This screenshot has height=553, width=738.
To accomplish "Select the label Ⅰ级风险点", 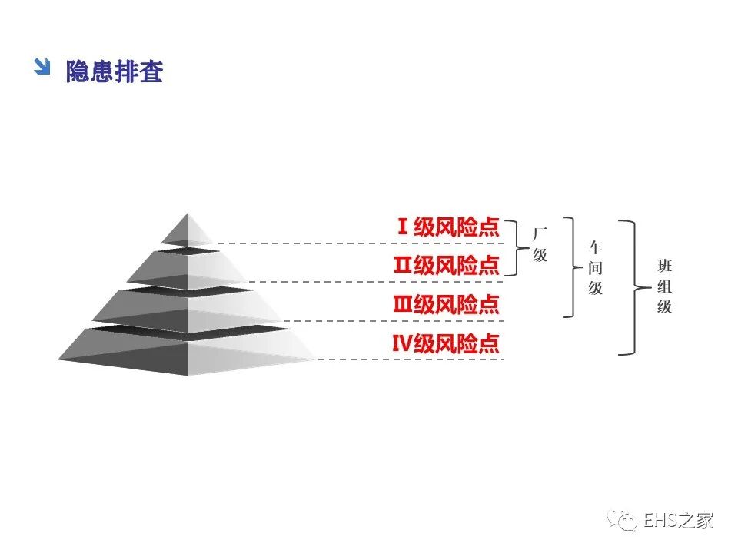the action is coord(448,227).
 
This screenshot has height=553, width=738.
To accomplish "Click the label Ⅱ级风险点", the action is coord(447,266).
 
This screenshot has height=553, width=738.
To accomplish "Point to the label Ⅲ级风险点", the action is coord(447,305).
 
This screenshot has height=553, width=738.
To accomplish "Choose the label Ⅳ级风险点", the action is coord(447,344).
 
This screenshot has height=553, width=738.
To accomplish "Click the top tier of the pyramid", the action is coord(187,229).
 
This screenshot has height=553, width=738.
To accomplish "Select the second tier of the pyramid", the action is coord(187,267).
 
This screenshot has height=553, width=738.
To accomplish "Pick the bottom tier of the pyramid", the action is coord(187,352).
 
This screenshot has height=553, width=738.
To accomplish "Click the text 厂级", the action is coord(540,244).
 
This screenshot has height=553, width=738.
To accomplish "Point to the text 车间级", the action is coord(596,268).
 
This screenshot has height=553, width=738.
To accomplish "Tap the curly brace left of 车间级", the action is coord(571,267).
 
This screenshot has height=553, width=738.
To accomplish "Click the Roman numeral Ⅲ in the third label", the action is coord(403,305).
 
